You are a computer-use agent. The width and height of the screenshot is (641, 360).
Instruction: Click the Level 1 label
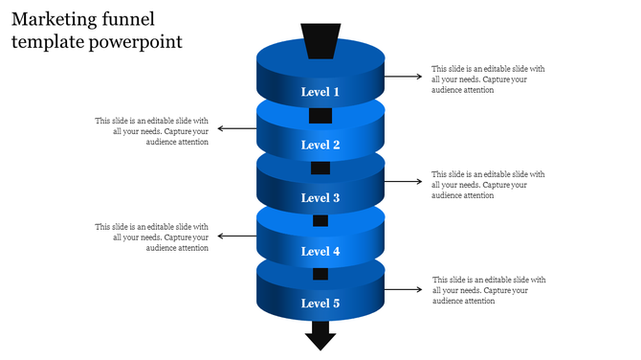pos(320,92)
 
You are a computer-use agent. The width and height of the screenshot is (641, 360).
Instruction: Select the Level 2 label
pos(320,145)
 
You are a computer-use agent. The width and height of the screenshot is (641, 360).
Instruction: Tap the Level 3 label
pos(320,198)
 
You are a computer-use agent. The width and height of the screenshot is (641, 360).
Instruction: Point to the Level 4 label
pos(320,251)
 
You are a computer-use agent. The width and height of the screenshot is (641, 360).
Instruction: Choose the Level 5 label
pos(320,304)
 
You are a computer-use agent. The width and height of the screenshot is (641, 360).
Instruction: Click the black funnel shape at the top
pos(320,41)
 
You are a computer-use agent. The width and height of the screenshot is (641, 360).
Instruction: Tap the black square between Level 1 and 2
pos(320,116)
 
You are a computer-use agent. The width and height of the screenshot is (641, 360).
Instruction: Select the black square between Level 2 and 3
pos(320,169)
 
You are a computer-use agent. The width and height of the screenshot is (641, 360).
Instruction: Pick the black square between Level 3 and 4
pos(320,221)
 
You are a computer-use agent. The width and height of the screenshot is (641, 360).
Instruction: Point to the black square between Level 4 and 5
pos(320,274)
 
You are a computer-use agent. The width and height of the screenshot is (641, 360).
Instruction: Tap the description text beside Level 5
pos(488,290)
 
